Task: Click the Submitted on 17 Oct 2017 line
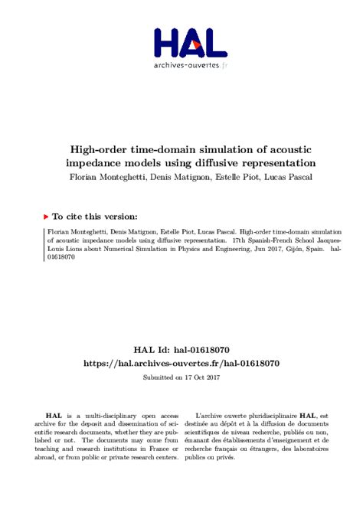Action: point(181,377)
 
